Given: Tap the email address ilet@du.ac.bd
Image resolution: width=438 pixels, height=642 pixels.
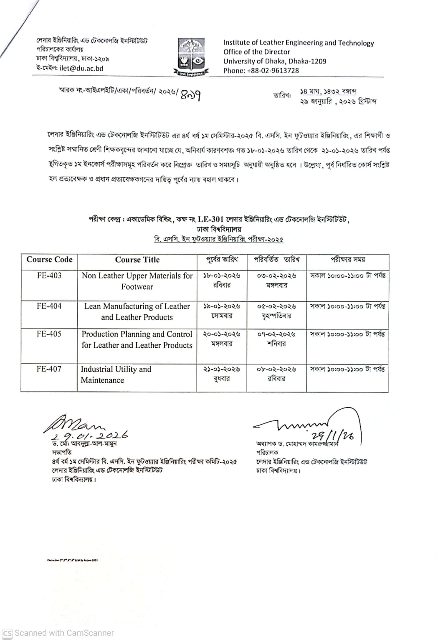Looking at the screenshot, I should [x=81, y=69].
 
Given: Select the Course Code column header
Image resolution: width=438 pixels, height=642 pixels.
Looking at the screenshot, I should [x=49, y=260].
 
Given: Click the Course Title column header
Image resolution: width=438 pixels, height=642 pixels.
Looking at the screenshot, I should [x=137, y=260].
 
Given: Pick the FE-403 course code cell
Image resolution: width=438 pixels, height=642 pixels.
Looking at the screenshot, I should [x=49, y=275].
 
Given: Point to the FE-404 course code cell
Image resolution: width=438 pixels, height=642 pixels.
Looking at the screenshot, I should [x=49, y=306].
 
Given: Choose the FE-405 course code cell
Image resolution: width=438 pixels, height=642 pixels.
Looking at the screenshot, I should [x=49, y=334].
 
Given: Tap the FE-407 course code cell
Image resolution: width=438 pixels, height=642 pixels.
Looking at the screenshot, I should [x=49, y=369].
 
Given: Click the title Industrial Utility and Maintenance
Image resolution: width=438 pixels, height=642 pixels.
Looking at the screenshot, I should [x=116, y=374].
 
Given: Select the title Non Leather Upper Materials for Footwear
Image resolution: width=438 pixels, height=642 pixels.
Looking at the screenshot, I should [x=137, y=281].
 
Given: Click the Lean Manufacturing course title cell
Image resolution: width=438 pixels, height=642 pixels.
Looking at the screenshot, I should [x=137, y=311].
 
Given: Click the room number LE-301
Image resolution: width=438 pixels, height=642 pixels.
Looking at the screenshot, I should [x=210, y=219].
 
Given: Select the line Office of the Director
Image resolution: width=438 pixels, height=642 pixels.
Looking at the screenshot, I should [x=256, y=52].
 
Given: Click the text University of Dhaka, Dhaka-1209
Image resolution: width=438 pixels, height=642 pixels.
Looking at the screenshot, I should [x=275, y=61].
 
